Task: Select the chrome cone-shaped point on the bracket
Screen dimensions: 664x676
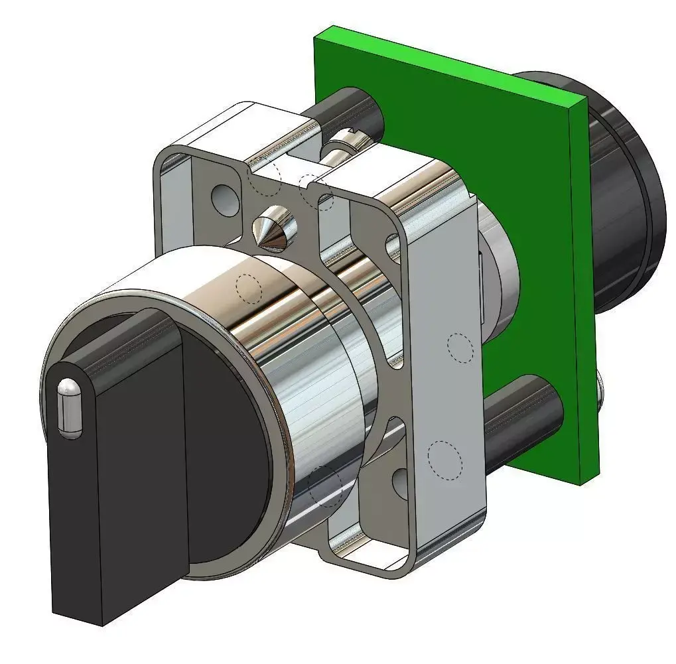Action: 275,229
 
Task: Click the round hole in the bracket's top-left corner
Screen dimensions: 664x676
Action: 224,196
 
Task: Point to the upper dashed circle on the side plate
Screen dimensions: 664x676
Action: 459,347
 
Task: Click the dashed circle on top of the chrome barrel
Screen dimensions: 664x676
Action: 249,288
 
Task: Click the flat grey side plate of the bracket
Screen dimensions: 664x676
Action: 444,398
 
